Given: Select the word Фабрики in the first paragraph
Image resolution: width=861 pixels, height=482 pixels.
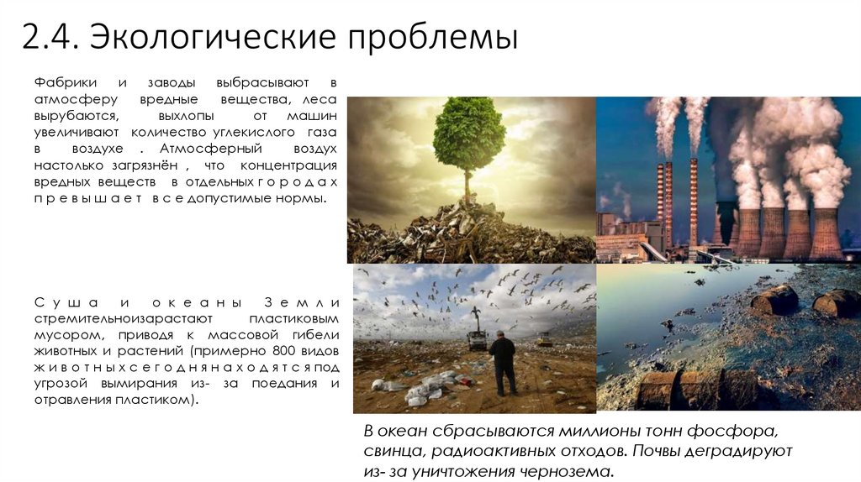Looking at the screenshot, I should (x=66, y=83).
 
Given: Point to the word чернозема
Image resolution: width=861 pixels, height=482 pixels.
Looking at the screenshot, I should (x=568, y=472).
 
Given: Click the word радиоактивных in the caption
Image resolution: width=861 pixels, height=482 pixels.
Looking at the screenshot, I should (x=477, y=452).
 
